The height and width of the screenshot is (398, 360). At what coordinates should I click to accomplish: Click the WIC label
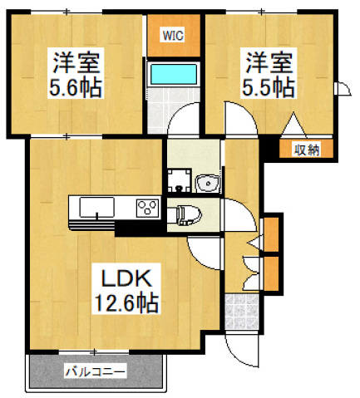[x=173, y=35]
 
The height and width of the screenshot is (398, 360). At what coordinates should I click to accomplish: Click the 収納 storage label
[x=306, y=150]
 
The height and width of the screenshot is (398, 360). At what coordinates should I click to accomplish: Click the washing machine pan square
[x=178, y=179]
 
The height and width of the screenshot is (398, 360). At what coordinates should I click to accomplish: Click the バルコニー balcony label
[x=95, y=371]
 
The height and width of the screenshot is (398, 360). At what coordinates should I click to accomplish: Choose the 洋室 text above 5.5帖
[x=267, y=61]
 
